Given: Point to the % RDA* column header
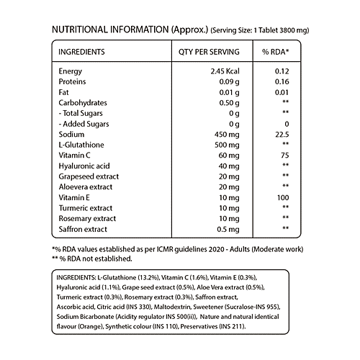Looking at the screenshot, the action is [x=275, y=53].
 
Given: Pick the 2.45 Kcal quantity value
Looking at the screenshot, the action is [x=220, y=71].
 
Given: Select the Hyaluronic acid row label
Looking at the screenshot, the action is [x=83, y=166].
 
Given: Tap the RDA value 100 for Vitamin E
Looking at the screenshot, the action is [x=282, y=197].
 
